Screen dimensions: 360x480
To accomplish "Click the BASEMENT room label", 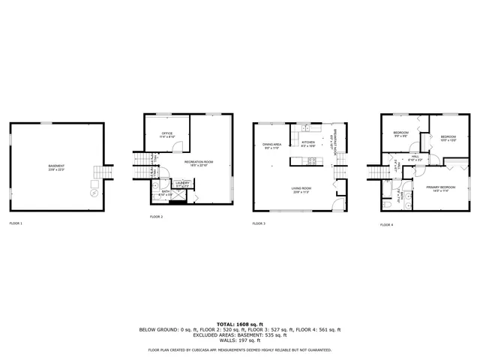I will click(x=56, y=166).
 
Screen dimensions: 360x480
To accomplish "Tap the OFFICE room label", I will click(x=167, y=135).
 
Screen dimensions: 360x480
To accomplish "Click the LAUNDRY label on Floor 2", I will click(x=182, y=183).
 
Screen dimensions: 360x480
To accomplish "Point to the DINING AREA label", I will click(x=272, y=145).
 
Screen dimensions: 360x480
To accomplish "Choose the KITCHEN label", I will click(x=309, y=143).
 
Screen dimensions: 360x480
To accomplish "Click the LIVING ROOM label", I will click(x=301, y=189).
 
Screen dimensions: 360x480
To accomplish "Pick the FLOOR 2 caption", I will click(x=156, y=217).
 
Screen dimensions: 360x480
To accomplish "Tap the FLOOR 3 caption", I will click(x=259, y=223).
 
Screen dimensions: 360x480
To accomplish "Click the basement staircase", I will click(x=100, y=172).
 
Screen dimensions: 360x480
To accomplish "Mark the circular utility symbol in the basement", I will click(x=94, y=192).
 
